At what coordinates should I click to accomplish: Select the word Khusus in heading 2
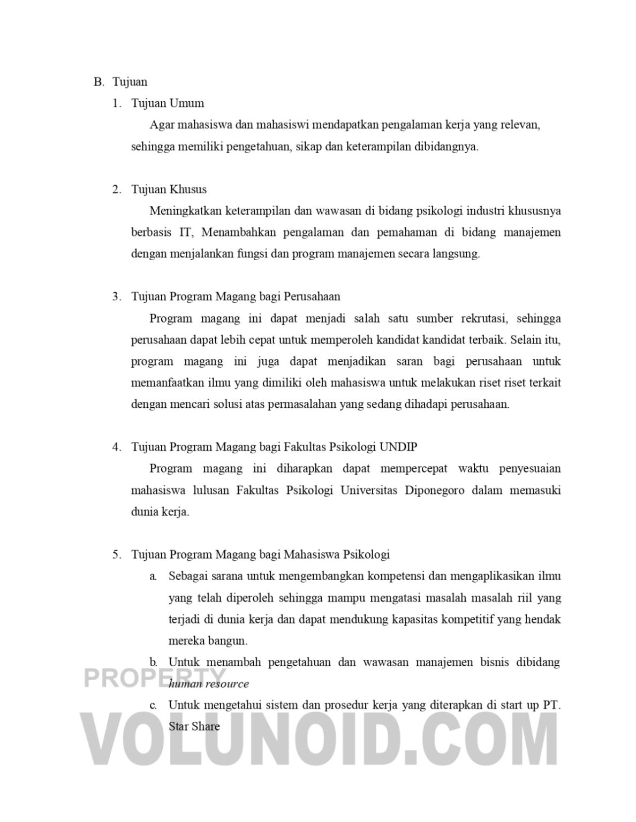(x=188, y=189)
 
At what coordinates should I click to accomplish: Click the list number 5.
(x=117, y=554)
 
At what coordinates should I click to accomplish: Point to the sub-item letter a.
(x=153, y=576)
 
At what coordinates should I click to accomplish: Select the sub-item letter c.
(x=153, y=705)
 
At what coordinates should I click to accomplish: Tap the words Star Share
(x=194, y=726)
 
